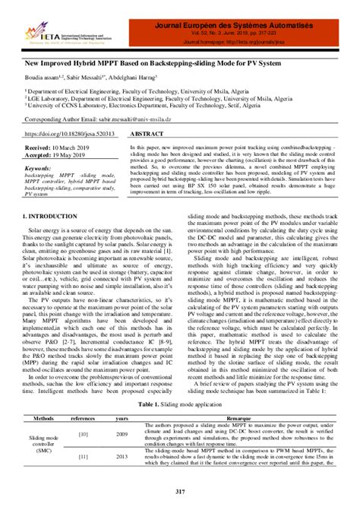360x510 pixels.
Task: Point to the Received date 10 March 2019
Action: coord(62,144)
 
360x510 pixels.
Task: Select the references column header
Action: coord(83,418)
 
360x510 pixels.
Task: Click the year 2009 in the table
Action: coord(122,434)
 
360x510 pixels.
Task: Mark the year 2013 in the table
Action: coord(122,458)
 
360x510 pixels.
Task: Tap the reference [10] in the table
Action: coord(83,434)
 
